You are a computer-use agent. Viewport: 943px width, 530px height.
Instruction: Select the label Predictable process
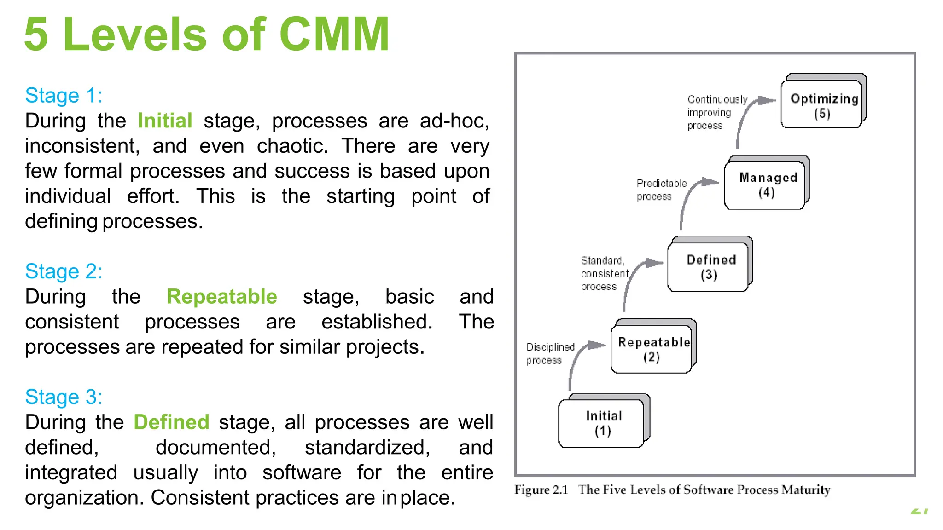[661, 190]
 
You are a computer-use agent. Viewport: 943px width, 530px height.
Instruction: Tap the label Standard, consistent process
[604, 273]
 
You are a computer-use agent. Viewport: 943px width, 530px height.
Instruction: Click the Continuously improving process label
[716, 112]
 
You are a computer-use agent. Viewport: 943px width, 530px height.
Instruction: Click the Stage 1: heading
[64, 96]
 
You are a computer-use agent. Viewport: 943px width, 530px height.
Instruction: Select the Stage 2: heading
[64, 271]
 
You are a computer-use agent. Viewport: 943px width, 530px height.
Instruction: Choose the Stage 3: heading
[64, 397]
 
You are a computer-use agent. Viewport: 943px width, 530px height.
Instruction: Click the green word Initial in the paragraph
[165, 121]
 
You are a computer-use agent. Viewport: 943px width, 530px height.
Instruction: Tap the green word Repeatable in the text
[221, 297]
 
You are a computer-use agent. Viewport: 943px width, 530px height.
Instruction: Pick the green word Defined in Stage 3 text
[171, 422]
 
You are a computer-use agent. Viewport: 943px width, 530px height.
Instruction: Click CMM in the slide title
[334, 34]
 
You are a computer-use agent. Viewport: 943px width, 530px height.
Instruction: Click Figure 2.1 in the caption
[541, 490]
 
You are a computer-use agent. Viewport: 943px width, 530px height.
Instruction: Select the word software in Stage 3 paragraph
[302, 473]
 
